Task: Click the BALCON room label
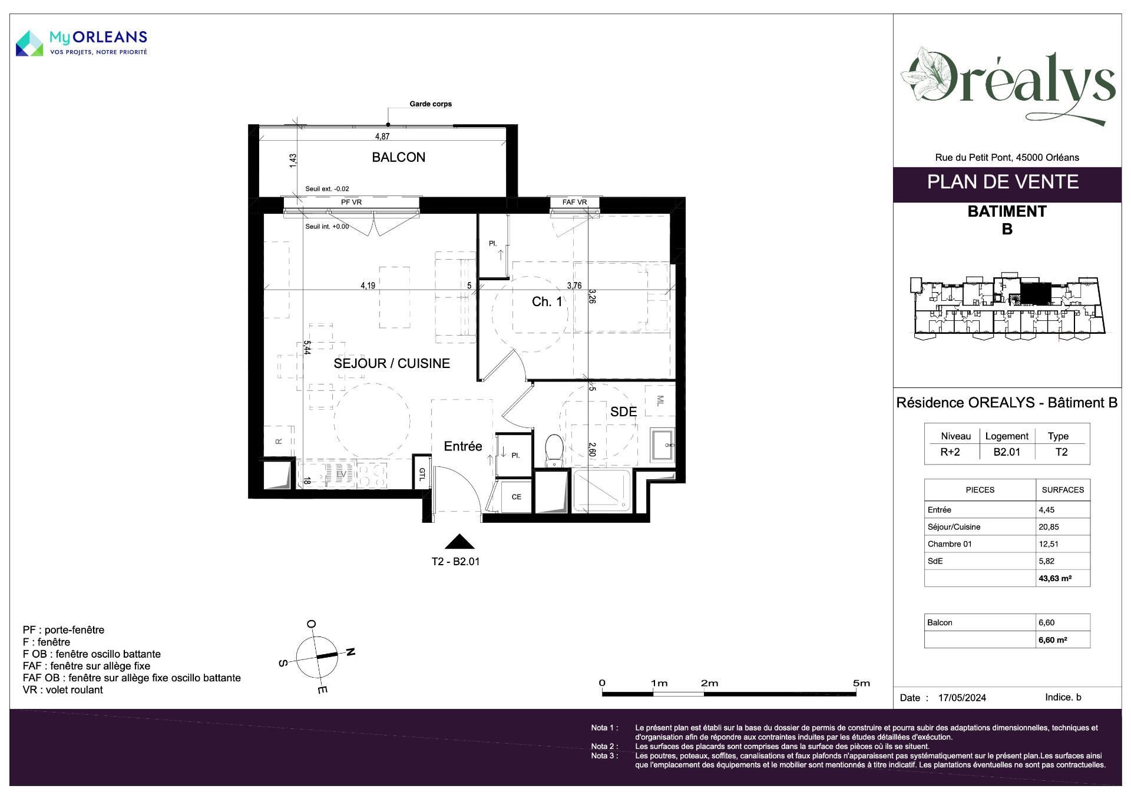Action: click(398, 157)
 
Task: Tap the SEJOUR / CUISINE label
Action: click(392, 363)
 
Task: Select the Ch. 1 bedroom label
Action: click(547, 301)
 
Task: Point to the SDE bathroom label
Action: click(623, 412)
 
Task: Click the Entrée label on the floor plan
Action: click(463, 446)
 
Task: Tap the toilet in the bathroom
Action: click(554, 450)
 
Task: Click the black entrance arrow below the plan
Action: click(459, 542)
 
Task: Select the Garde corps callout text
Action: click(431, 104)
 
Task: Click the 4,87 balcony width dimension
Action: click(382, 137)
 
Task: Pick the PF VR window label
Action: click(352, 202)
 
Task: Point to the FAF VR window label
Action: click(574, 202)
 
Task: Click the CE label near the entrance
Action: click(517, 497)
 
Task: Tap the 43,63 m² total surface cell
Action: click(1055, 578)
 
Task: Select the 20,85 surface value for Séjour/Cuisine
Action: click(1047, 527)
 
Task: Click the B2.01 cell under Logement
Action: click(1007, 452)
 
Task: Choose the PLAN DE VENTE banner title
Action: click(1003, 182)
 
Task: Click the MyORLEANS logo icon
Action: click(29, 44)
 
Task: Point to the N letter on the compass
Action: click(350, 652)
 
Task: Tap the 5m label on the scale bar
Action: click(861, 683)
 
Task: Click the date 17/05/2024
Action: click(962, 698)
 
